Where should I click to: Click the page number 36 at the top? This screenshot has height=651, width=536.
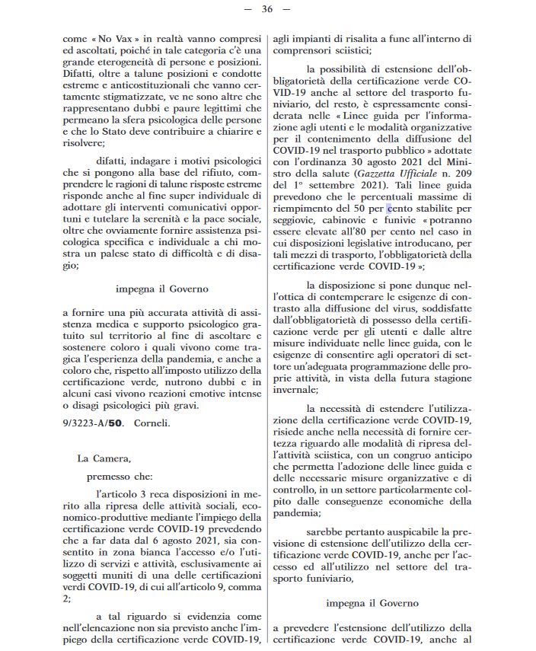click(x=266, y=9)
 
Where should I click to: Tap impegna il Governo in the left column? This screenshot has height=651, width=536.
click(x=161, y=289)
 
